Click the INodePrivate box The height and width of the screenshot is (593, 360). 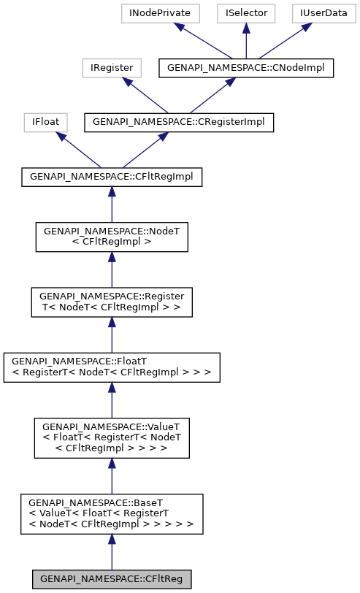pos(155,13)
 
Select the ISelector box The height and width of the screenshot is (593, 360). pos(246,13)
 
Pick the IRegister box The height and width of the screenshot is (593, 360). pos(112,68)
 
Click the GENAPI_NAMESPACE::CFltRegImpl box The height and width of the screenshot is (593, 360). pos(112,177)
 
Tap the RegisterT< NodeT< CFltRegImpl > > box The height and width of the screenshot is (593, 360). pos(112,302)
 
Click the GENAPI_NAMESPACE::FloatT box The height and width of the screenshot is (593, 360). pos(112,367)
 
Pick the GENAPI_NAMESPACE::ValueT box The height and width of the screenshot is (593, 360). pos(112,437)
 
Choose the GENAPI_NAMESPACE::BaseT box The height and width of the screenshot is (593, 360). pos(112,513)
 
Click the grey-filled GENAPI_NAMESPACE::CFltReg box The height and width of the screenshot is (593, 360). pos(112,579)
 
